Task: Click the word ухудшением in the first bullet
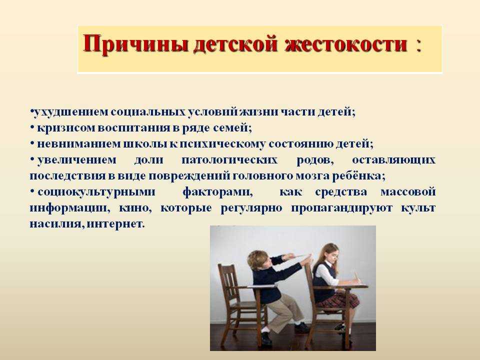coord(70,112)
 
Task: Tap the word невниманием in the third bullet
coord(78,144)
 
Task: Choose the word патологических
coord(229,160)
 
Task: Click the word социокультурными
coord(96,192)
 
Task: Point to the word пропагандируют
coord(341,208)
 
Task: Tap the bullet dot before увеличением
coord(32,158)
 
